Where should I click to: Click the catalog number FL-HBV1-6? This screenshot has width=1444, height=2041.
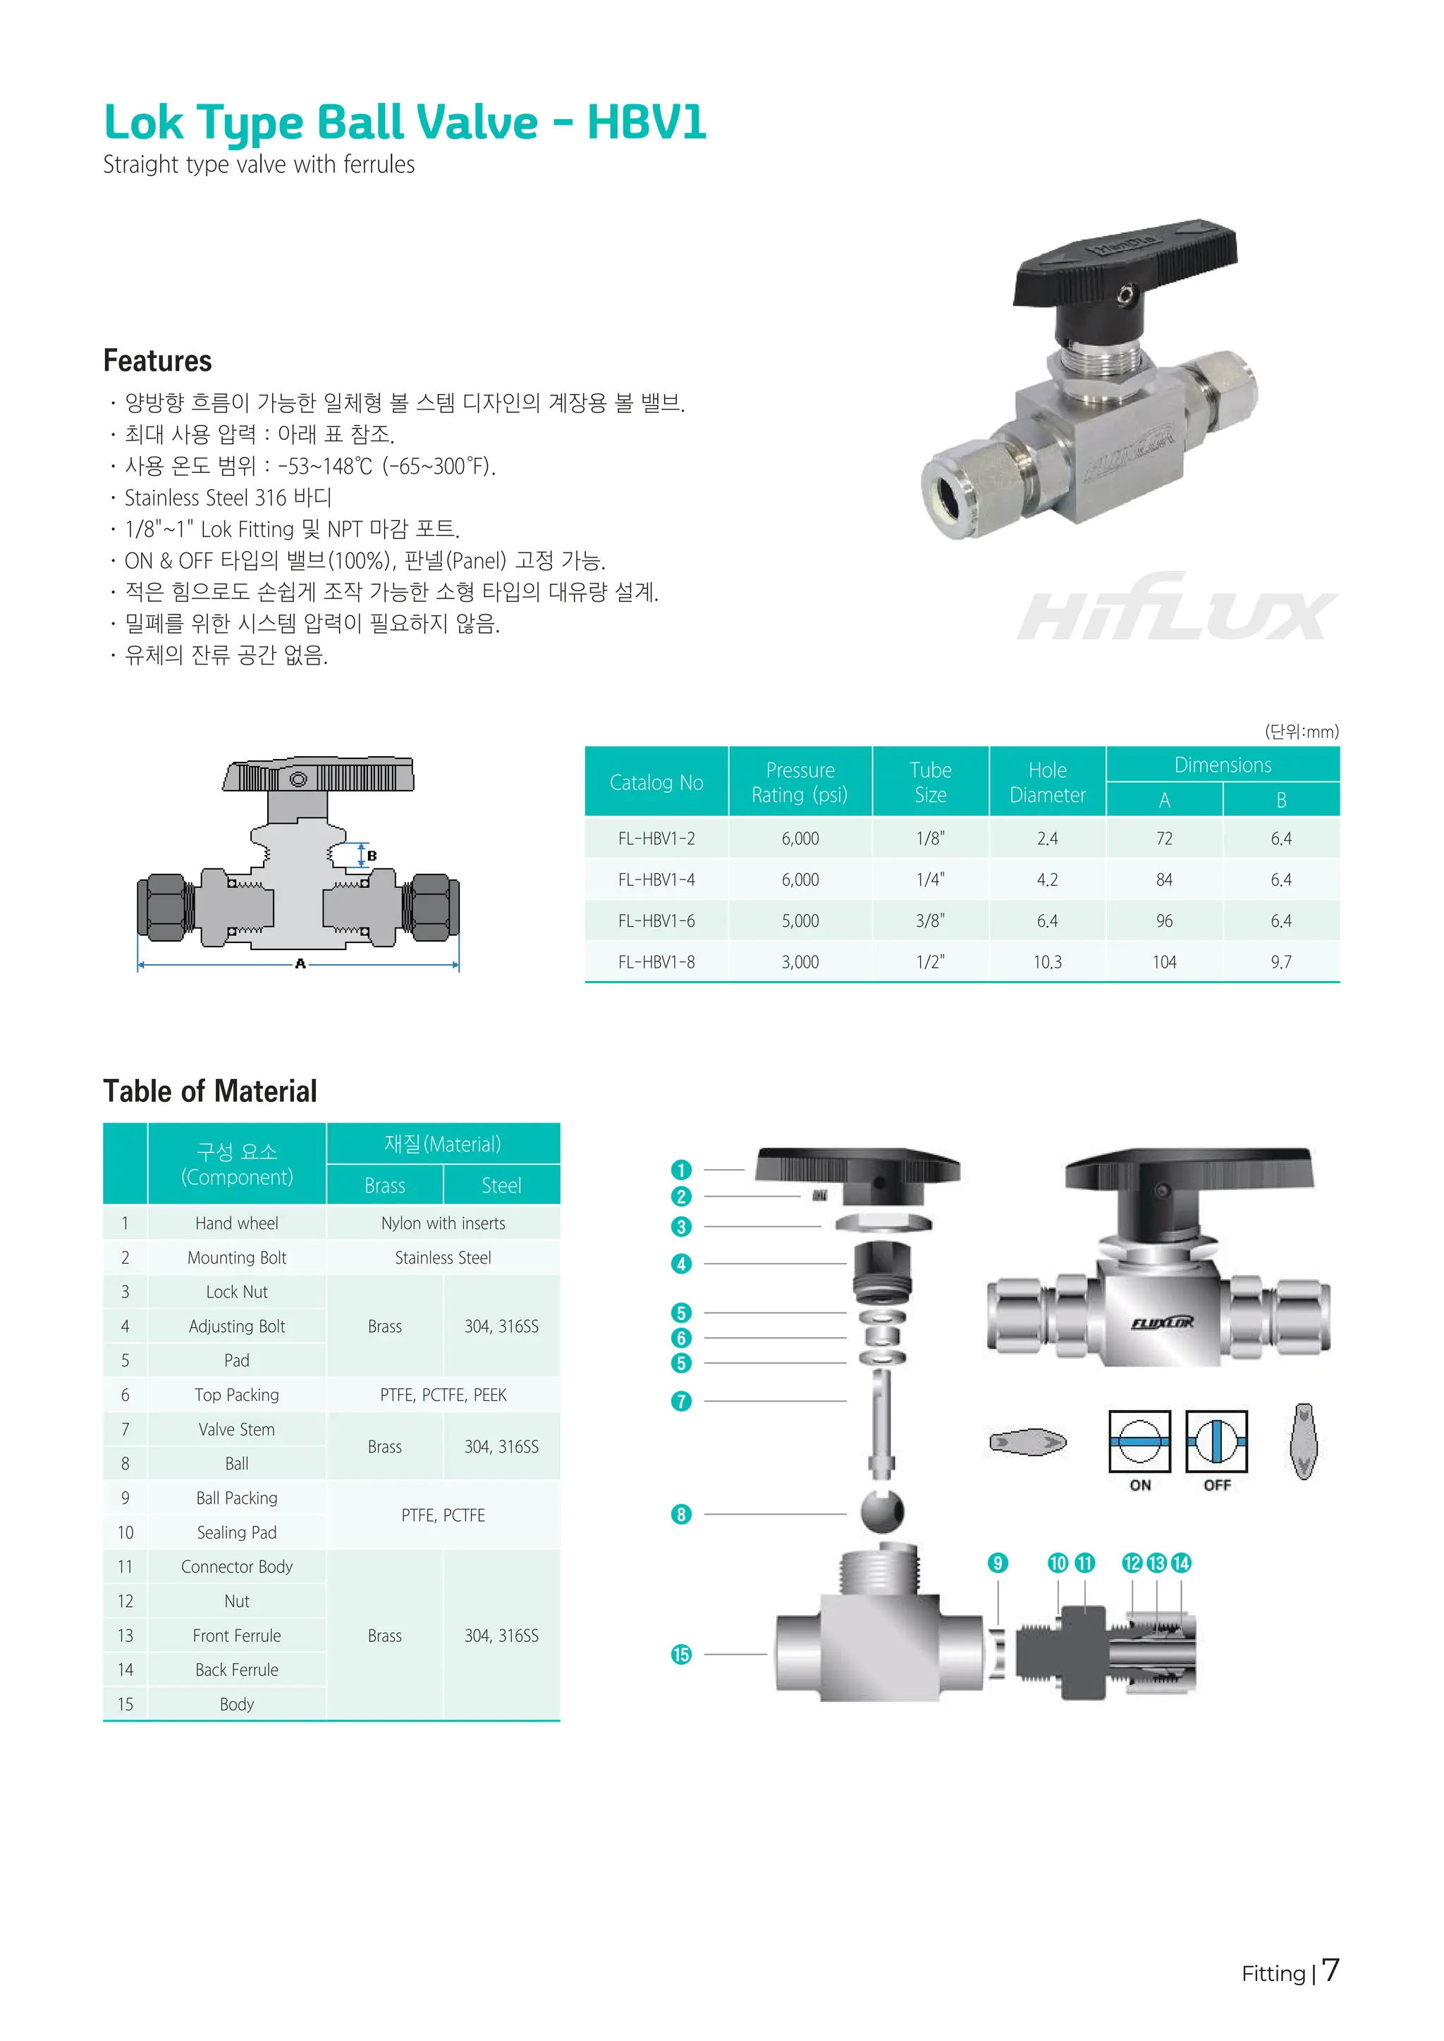click(x=656, y=921)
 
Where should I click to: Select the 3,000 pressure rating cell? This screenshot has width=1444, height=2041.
click(x=800, y=962)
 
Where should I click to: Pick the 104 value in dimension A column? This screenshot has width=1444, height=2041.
click(x=1164, y=962)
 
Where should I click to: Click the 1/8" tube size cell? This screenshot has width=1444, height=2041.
click(x=930, y=838)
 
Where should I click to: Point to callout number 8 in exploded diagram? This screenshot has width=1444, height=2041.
click(x=681, y=1514)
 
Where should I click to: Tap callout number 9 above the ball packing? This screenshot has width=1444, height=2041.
click(x=998, y=1562)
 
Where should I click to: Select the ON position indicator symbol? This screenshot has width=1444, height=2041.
click(x=1139, y=1441)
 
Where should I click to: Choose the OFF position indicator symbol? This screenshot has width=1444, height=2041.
click(x=1216, y=1441)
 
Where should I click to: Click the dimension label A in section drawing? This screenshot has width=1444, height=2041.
click(x=300, y=963)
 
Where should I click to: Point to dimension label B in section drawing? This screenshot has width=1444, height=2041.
click(x=372, y=855)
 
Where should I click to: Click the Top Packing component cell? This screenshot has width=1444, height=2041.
click(x=236, y=1395)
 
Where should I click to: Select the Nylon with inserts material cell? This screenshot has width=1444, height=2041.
click(x=443, y=1223)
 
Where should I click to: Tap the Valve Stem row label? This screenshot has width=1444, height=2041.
click(x=236, y=1429)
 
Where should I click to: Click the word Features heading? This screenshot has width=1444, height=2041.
click(x=157, y=361)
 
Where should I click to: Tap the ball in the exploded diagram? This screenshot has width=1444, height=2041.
click(x=882, y=1511)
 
